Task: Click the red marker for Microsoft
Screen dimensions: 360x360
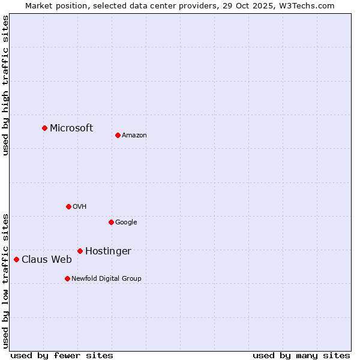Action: pos(44,128)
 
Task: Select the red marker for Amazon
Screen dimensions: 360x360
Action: pos(118,135)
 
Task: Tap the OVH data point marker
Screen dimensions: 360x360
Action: pos(68,206)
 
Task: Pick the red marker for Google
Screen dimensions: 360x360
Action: pos(111,222)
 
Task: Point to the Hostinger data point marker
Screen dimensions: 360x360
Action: pos(80,251)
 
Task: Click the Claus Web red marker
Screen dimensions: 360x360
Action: pos(16,259)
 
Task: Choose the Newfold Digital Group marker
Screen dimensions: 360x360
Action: pos(67,278)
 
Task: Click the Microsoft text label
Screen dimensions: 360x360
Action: pos(71,128)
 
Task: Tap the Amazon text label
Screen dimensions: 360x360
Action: pos(134,136)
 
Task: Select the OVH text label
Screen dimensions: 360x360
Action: pos(80,207)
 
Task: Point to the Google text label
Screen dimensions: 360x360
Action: pos(126,223)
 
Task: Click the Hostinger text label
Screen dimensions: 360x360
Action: pos(108,251)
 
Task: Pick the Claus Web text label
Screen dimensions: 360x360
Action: pos(47,260)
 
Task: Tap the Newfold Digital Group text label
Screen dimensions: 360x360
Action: pos(106,279)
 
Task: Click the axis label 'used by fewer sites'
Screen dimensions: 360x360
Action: pos(62,356)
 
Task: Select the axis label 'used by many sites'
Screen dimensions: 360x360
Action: pos(301,356)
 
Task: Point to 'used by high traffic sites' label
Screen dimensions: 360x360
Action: pos(5,85)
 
